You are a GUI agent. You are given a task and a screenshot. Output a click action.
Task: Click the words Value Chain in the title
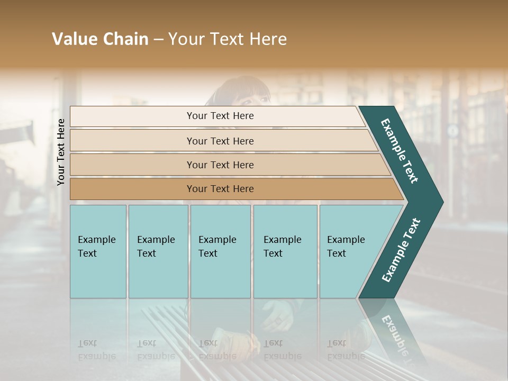pyautogui.click(x=100, y=39)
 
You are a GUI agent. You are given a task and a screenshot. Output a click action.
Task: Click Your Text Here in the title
pyautogui.click(x=228, y=39)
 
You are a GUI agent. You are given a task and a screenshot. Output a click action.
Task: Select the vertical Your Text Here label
pyautogui.click(x=61, y=152)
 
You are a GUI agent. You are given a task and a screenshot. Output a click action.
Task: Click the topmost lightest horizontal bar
pyautogui.click(x=220, y=116)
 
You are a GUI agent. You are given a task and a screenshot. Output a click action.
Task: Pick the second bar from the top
pyautogui.click(x=220, y=141)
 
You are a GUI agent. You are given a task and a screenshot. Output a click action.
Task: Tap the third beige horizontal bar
pyautogui.click(x=220, y=165)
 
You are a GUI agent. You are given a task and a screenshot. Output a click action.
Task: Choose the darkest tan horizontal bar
pyautogui.click(x=220, y=189)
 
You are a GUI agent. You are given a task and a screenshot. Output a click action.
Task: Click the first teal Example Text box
pyautogui.click(x=98, y=251)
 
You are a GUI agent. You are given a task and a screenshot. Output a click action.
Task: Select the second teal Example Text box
pyautogui.click(x=158, y=251)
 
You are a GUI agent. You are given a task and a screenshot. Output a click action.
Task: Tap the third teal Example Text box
pyautogui.click(x=220, y=251)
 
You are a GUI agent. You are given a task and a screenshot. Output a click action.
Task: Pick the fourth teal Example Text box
pyautogui.click(x=285, y=251)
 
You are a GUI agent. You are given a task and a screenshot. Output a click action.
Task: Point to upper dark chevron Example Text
pyautogui.click(x=400, y=150)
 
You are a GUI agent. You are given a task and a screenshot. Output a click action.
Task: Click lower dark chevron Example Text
pyautogui.click(x=401, y=250)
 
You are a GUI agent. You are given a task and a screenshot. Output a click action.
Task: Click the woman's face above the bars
pyautogui.click(x=247, y=96)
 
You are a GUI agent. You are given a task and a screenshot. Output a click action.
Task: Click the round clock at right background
pyautogui.click(x=452, y=130)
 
